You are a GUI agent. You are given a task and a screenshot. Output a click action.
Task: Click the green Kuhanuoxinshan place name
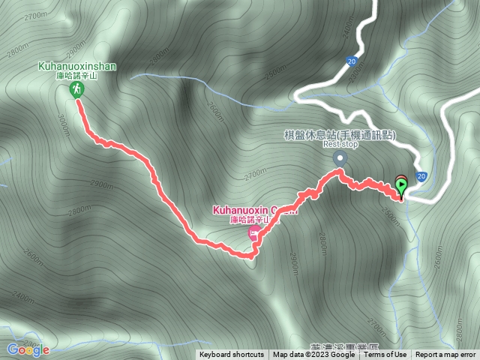(x=77, y=66)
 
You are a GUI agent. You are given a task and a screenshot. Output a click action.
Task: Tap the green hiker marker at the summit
(x=76, y=90)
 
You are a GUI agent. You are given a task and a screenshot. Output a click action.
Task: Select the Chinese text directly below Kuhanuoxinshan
(x=77, y=76)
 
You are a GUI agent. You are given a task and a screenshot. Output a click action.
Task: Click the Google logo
(x=28, y=349)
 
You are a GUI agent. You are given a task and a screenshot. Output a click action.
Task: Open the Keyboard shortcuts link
(x=232, y=355)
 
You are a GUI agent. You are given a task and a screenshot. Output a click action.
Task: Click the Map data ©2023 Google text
(x=313, y=355)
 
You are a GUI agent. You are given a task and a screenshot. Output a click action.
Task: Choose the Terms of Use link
(x=385, y=355)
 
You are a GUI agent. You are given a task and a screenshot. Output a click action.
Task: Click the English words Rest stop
(x=342, y=145)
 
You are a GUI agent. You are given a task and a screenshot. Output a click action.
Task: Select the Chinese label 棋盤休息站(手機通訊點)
(x=340, y=135)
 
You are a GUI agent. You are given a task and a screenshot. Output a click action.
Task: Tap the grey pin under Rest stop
(x=340, y=158)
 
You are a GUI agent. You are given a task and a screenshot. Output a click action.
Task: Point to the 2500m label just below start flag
(x=390, y=212)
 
